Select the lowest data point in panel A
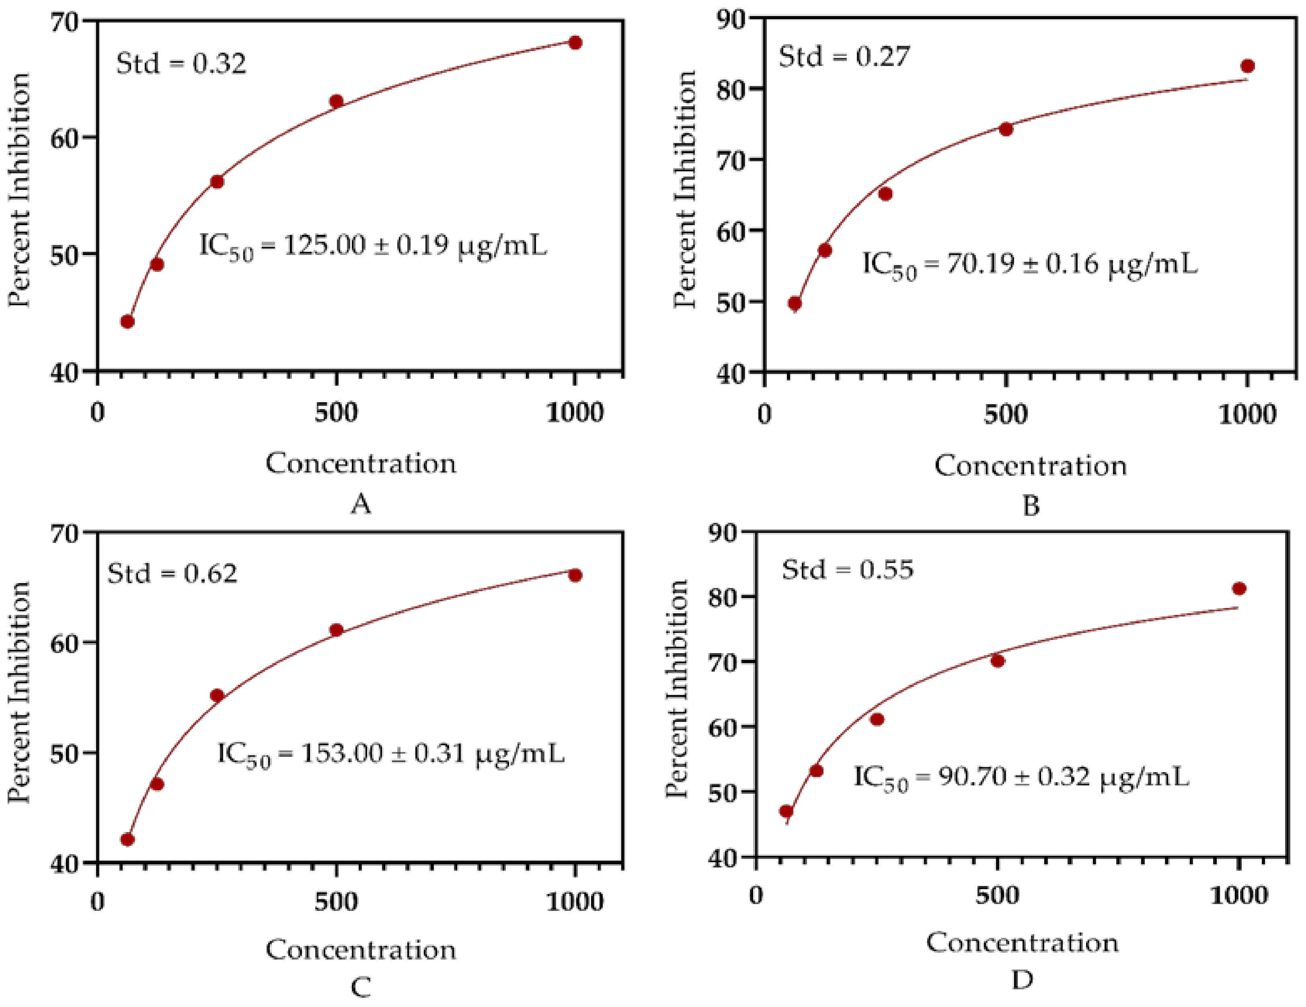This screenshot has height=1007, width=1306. click(x=127, y=322)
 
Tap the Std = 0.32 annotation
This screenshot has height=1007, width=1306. click(x=181, y=64)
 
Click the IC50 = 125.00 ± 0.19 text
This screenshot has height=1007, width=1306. click(x=373, y=246)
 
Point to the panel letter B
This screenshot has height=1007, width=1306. click(x=1030, y=506)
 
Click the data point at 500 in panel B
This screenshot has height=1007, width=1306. click(x=1006, y=129)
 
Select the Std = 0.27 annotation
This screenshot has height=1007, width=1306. click(x=844, y=57)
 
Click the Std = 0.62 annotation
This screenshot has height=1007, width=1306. click(x=172, y=573)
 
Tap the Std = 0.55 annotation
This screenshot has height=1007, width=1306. click(x=847, y=569)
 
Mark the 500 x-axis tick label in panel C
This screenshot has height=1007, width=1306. click(x=336, y=902)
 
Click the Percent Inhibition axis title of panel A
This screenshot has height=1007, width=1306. click(x=19, y=190)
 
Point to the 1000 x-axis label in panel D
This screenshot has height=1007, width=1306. click(x=1239, y=895)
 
